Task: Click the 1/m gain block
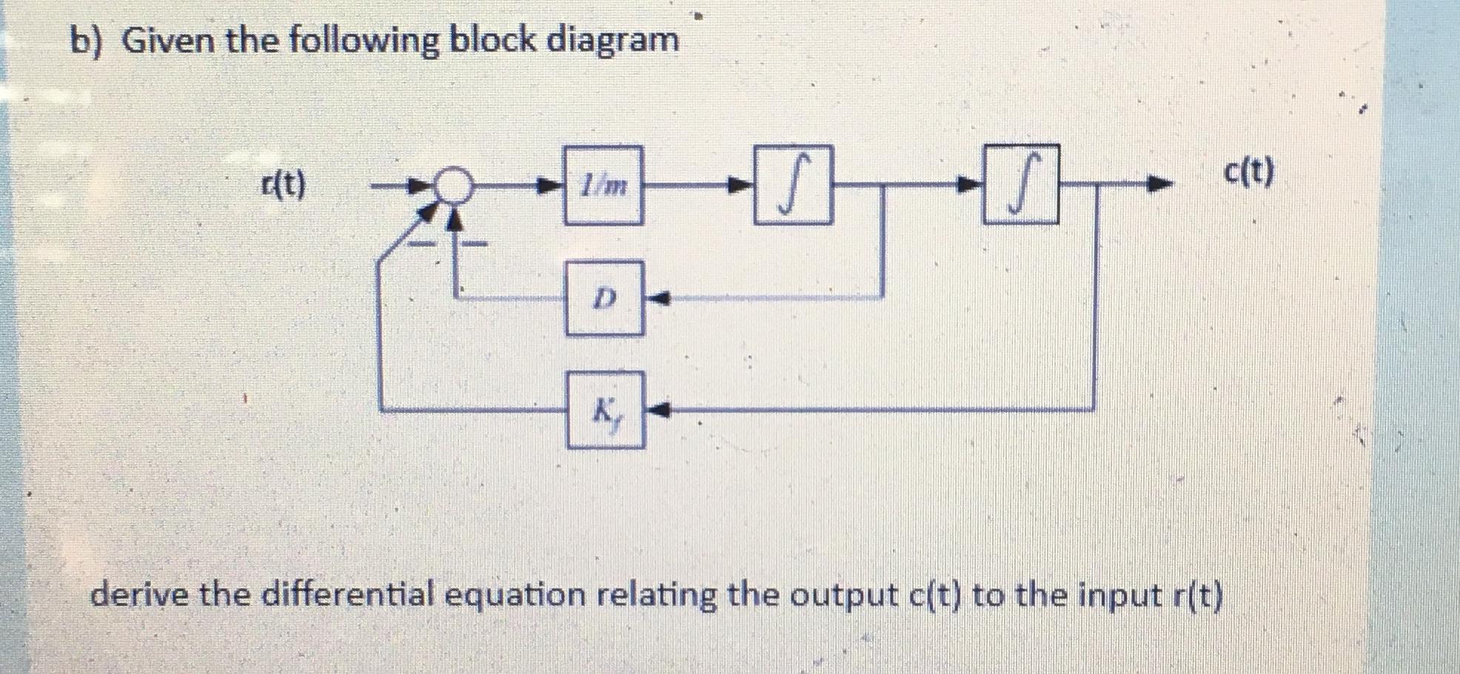[x=603, y=185]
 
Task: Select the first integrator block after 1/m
[x=793, y=185]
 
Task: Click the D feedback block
[x=604, y=298]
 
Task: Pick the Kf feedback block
[x=606, y=411]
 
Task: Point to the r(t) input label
[x=283, y=185]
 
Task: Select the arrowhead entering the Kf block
[x=660, y=408]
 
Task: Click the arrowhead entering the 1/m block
[x=549, y=185]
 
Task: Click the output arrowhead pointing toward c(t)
[x=1161, y=184]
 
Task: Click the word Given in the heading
[x=167, y=40]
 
